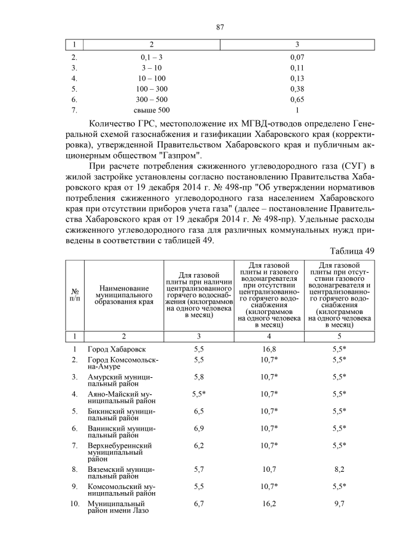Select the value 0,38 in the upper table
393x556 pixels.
297,88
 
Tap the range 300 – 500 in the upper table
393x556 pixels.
151,99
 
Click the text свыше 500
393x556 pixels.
151,110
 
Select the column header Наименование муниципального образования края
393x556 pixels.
123,294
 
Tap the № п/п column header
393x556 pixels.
75,294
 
